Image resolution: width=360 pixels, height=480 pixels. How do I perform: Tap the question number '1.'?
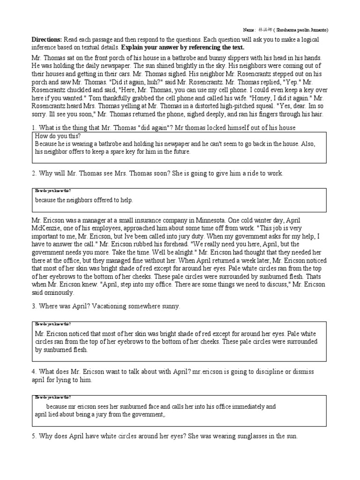tap(34, 128)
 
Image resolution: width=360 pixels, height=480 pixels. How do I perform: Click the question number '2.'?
tap(34, 173)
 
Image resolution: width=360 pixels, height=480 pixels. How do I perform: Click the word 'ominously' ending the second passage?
tap(58, 292)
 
